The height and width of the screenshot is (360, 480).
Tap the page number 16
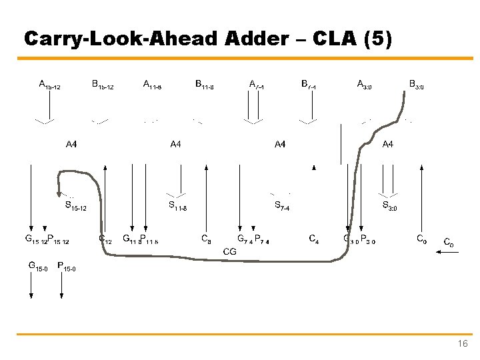click(463, 344)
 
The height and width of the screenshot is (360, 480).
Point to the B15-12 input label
click(103, 85)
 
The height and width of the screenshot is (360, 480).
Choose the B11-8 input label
click(205, 85)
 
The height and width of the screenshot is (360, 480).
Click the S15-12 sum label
click(75, 207)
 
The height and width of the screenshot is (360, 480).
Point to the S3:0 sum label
click(389, 206)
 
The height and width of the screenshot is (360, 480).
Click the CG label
click(230, 251)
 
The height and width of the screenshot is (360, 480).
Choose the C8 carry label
click(207, 237)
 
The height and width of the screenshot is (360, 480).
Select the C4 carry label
click(313, 237)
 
